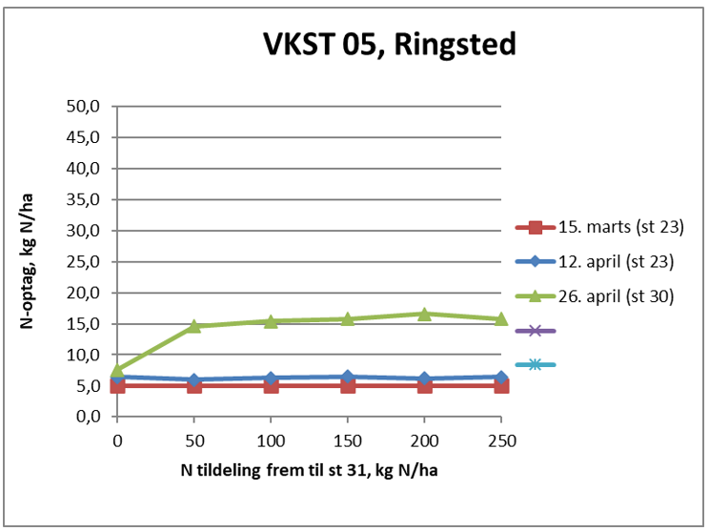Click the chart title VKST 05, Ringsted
point(389,45)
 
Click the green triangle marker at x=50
point(194,326)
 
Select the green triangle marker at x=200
point(424,313)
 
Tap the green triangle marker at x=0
point(117,370)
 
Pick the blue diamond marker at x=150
point(348,377)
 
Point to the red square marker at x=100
point(271,386)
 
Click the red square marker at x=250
point(501,386)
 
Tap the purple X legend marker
point(536,331)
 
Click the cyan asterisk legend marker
point(536,365)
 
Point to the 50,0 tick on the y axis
point(84,106)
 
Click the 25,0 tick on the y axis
point(84,261)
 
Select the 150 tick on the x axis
point(348,441)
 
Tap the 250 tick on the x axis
point(501,441)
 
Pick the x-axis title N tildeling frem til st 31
point(308,471)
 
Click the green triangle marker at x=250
point(501,318)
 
